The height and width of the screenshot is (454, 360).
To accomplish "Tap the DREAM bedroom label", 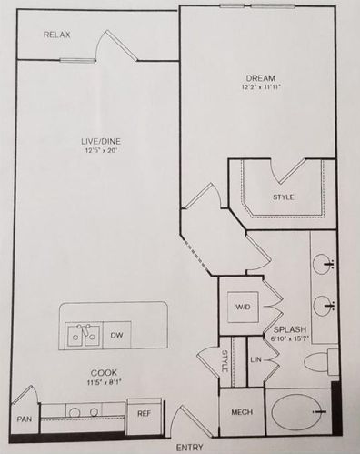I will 260,78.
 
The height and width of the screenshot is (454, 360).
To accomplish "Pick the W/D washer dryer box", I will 244,308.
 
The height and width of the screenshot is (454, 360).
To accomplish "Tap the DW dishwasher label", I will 116,336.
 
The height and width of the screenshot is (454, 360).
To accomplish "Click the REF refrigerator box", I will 144,413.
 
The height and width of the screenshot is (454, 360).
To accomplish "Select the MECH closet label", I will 241,412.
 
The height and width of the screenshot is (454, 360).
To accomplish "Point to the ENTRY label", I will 189,447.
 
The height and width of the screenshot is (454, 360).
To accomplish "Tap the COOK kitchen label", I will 102,373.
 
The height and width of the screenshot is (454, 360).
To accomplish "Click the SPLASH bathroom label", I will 289,329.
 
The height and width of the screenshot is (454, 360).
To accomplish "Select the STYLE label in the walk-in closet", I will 283,197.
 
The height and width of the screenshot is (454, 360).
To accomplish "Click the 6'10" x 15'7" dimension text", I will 289,339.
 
